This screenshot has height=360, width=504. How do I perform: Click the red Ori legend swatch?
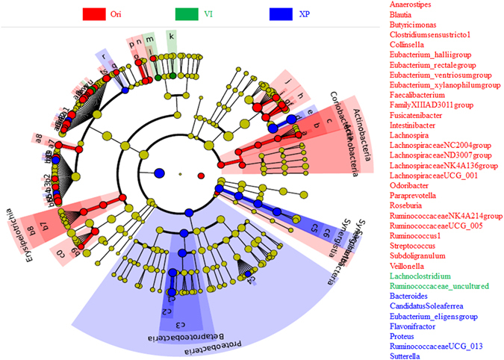click(94, 14)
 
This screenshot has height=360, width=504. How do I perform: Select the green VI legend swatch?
click(186, 14)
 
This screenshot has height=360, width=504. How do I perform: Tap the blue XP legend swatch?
click(279, 14)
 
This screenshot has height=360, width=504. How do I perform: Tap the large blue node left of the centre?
click(158, 174)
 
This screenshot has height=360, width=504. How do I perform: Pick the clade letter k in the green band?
click(172, 36)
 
